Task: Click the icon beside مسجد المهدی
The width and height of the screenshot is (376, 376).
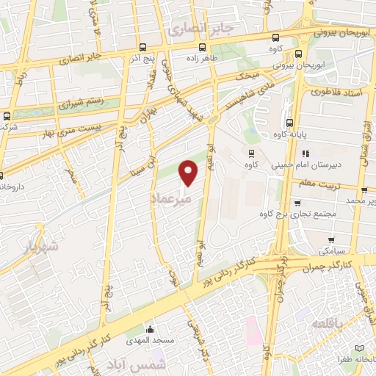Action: (x=150, y=329)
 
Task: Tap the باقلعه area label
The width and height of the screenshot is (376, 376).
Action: (x=327, y=325)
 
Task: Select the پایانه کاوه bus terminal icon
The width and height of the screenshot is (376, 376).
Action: (x=290, y=123)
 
